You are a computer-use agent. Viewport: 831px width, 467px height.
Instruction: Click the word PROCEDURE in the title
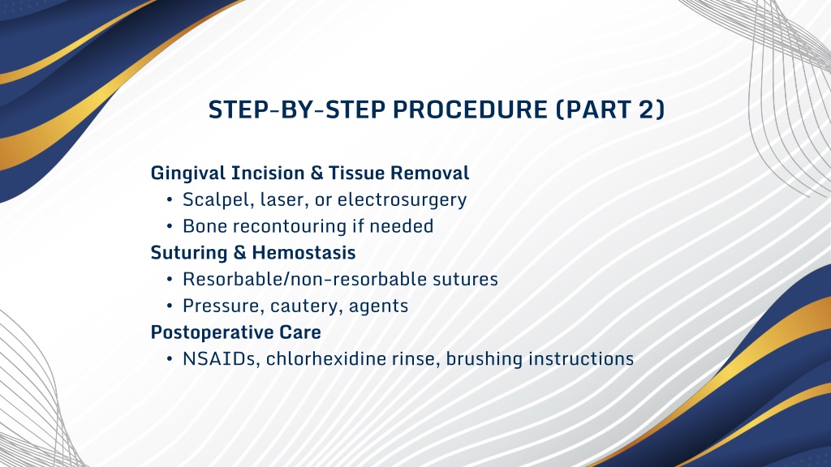tap(470, 109)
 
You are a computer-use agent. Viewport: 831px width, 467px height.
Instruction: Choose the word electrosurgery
tap(402, 199)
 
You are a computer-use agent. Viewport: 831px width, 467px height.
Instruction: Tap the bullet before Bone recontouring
tap(170, 226)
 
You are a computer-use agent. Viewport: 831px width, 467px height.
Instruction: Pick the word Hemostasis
tap(304, 253)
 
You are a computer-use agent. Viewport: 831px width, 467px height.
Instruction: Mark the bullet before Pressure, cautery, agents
tap(170, 306)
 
